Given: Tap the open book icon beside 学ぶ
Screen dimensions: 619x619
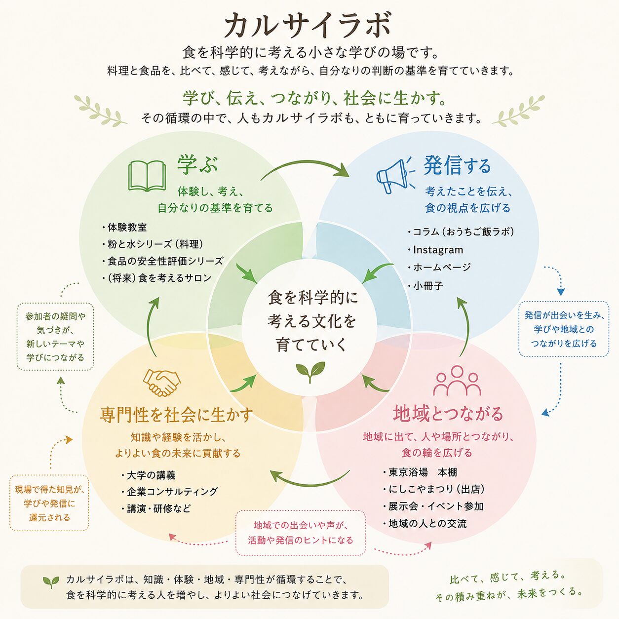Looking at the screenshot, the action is [147, 176].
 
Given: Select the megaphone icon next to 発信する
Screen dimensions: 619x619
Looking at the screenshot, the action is [395, 175].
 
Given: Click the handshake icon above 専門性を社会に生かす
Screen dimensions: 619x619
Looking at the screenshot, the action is [161, 382].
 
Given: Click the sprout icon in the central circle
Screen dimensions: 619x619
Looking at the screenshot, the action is [310, 372].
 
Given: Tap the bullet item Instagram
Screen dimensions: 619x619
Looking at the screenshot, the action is [435, 250].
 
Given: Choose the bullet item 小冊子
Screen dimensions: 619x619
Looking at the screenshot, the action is [426, 286].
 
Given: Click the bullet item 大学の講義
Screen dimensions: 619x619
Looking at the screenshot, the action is [149, 475].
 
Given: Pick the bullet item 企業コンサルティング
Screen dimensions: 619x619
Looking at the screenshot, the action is [170, 492].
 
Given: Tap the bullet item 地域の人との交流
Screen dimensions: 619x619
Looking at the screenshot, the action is [425, 524].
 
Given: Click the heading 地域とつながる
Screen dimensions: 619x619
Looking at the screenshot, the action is [448, 414].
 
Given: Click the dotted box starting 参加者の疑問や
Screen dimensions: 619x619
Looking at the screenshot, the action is [55, 337].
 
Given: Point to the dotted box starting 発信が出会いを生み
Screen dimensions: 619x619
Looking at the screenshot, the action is [564, 329].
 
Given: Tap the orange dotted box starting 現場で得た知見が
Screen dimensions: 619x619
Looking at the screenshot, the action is [49, 503].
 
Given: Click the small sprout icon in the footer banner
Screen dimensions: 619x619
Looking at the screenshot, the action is [51, 582].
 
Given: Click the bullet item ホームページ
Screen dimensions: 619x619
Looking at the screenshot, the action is [439, 267].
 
